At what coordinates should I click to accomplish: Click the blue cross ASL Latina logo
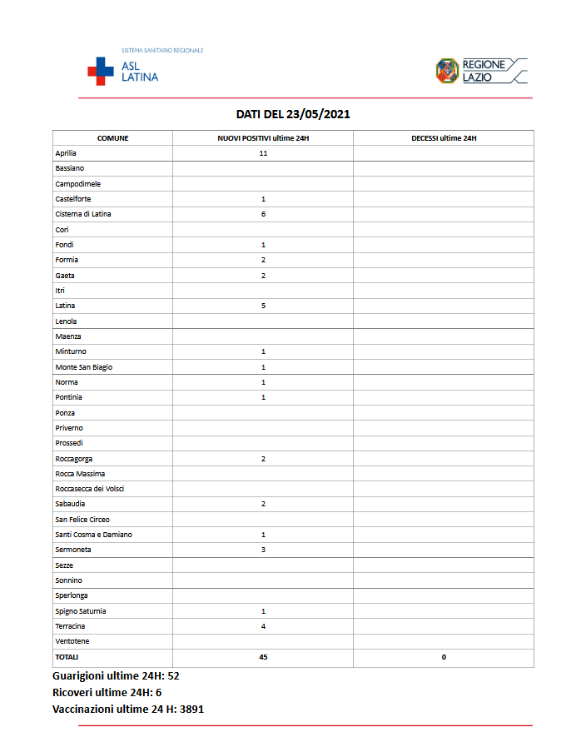(x=102, y=71)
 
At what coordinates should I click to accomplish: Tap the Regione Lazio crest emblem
(x=447, y=71)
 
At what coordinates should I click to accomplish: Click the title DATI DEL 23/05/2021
(x=293, y=114)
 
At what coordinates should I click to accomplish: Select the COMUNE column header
(x=112, y=138)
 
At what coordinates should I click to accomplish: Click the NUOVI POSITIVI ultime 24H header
(x=263, y=138)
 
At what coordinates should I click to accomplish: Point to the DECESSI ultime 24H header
(x=444, y=138)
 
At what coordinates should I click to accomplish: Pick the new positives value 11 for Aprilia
(x=263, y=153)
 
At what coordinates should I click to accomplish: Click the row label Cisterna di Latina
(x=83, y=214)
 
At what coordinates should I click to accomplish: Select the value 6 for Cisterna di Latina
(x=263, y=214)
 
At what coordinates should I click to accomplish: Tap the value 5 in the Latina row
(x=263, y=306)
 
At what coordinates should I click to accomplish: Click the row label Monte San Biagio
(x=83, y=367)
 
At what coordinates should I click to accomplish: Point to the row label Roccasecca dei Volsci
(x=90, y=489)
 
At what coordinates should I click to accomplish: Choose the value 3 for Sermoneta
(x=263, y=550)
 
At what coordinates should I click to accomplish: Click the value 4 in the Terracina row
(x=263, y=626)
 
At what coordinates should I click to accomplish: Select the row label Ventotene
(x=72, y=641)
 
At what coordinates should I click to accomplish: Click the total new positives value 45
(x=263, y=657)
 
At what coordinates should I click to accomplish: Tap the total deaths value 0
(x=444, y=657)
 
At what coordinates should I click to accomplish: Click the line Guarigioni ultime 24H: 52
(x=116, y=676)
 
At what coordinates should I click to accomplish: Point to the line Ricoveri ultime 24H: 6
(x=107, y=693)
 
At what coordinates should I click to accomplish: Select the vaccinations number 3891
(x=191, y=710)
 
